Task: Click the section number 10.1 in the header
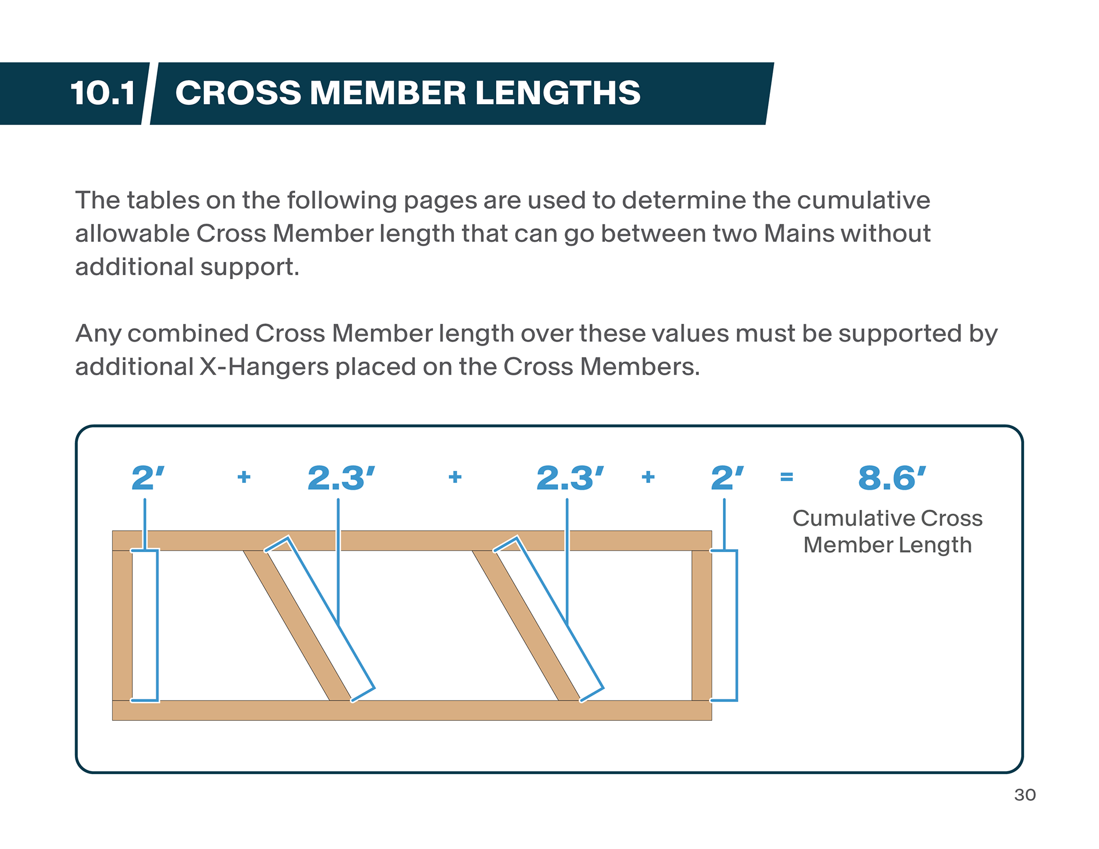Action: [x=103, y=93]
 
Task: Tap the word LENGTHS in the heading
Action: [x=558, y=93]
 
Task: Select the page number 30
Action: [x=1025, y=795]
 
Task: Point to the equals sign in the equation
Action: [x=786, y=477]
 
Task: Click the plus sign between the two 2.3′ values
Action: [x=455, y=477]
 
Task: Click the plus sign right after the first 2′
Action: [x=244, y=477]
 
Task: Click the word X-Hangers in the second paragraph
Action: [x=264, y=367]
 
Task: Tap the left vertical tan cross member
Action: [x=122, y=625]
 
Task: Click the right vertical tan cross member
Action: [x=701, y=625]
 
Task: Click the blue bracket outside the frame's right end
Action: [x=736, y=625]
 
